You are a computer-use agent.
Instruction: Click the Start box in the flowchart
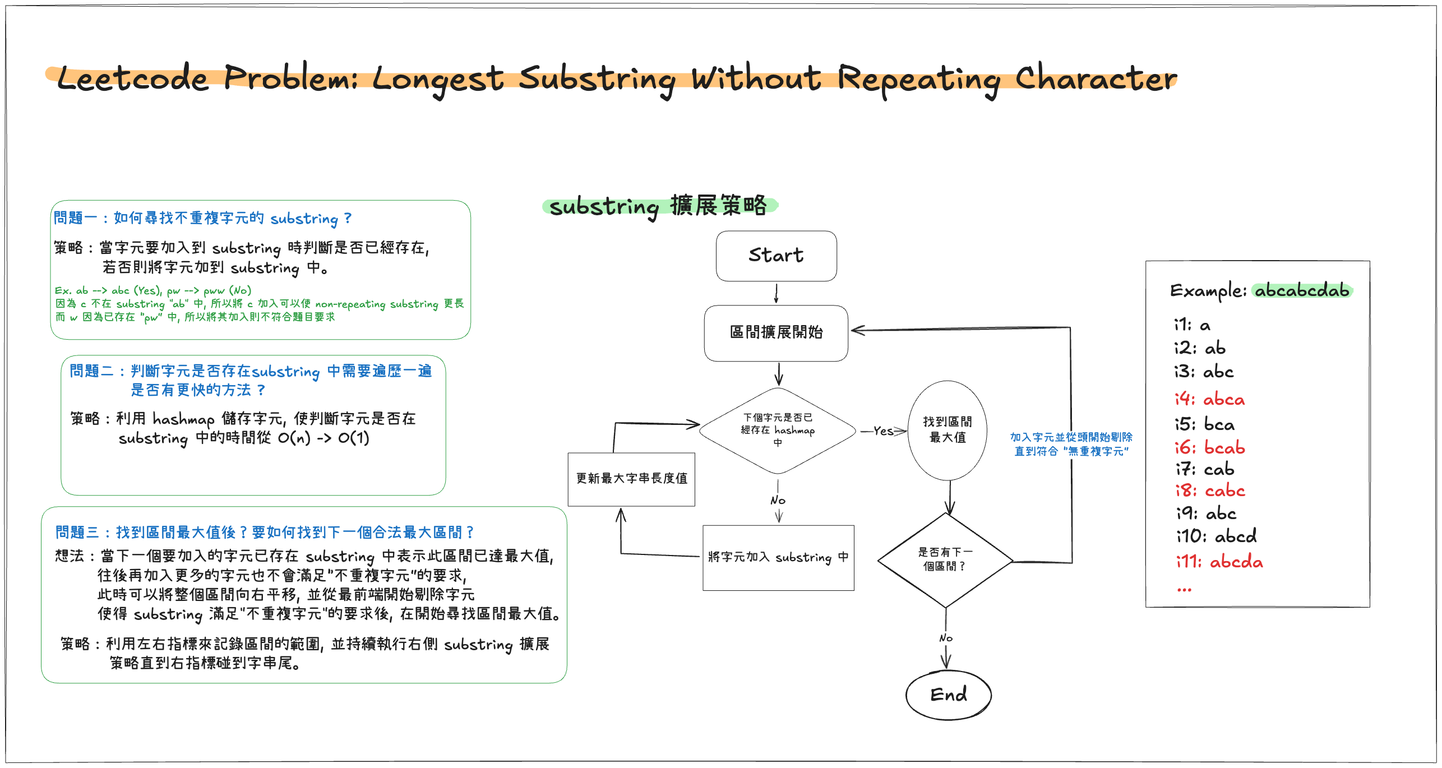tap(776, 256)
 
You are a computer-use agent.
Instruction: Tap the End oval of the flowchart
tap(948, 695)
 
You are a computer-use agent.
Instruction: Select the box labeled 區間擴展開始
tap(776, 332)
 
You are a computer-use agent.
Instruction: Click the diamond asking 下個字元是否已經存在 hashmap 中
tap(777, 431)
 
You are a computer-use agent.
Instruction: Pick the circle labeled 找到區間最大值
tap(947, 430)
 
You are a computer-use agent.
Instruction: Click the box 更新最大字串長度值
tap(631, 479)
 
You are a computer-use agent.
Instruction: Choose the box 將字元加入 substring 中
tap(778, 557)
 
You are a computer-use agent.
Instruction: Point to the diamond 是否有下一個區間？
tap(945, 559)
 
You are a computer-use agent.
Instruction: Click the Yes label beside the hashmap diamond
tap(883, 431)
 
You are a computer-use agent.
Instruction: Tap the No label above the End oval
tap(946, 638)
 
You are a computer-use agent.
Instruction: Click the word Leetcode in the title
tap(133, 78)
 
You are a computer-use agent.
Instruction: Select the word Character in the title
tap(1096, 78)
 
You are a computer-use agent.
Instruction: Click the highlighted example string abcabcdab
tap(1302, 290)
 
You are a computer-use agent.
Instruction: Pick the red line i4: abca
tap(1209, 399)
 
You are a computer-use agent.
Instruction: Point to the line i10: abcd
tap(1216, 536)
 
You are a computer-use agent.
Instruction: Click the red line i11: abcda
tap(1219, 561)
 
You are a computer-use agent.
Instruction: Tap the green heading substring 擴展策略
tap(658, 206)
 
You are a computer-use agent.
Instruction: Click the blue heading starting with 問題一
tap(202, 218)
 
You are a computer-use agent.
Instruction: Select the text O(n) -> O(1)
tap(323, 438)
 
